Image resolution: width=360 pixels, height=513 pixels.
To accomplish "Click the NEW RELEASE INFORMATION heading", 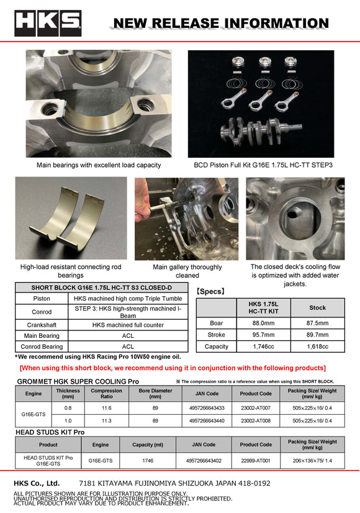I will (x=220, y=24).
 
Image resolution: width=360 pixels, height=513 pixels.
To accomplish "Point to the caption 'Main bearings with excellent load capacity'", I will (x=99, y=165).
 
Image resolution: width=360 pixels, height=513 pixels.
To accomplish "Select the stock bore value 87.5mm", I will (x=317, y=323).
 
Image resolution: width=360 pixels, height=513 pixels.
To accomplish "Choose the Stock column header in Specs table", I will (x=317, y=307).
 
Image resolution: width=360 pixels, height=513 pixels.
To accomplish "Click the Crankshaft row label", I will (x=42, y=324).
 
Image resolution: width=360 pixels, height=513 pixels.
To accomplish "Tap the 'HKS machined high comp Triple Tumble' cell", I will (x=128, y=299).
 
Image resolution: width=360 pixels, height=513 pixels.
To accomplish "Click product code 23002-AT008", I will (x=256, y=421).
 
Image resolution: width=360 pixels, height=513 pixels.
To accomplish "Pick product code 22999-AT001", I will (x=256, y=461).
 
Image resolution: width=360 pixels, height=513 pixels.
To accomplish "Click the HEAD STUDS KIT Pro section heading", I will (x=50, y=432).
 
